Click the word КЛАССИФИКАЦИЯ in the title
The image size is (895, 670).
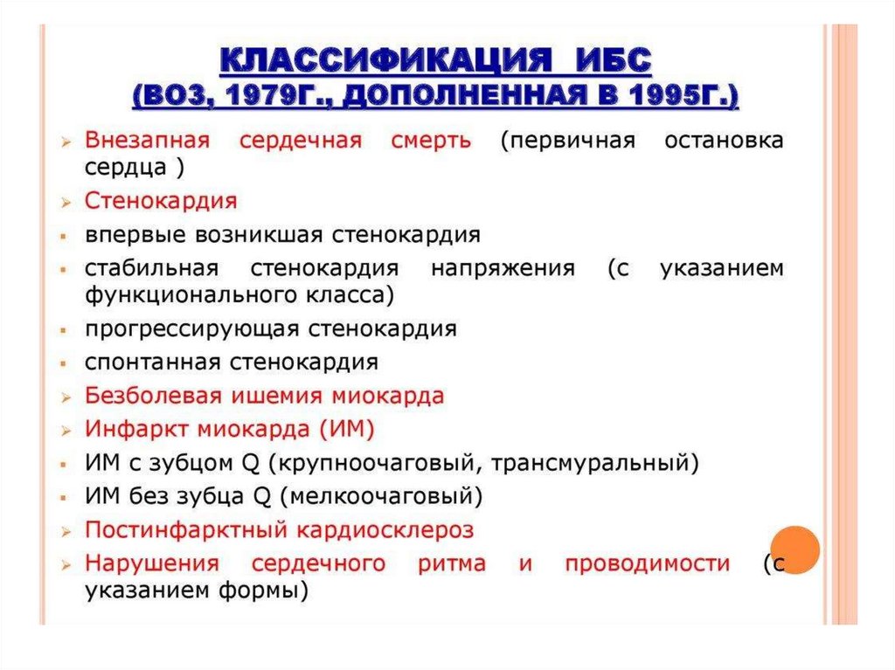click(385, 60)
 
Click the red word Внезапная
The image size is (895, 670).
click(147, 140)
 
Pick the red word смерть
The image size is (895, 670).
click(432, 141)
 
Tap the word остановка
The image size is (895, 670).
click(724, 141)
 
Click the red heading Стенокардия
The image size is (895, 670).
click(161, 201)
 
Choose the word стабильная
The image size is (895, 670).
click(152, 267)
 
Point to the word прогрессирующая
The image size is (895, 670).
click(191, 329)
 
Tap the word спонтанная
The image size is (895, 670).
click(152, 363)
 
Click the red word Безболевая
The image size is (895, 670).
click(153, 396)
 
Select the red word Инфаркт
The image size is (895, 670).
click(137, 429)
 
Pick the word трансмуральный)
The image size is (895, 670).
click(594, 463)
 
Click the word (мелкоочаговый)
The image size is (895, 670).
click(381, 496)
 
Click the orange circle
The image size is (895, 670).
click(795, 549)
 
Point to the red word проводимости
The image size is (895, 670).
click(648, 563)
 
